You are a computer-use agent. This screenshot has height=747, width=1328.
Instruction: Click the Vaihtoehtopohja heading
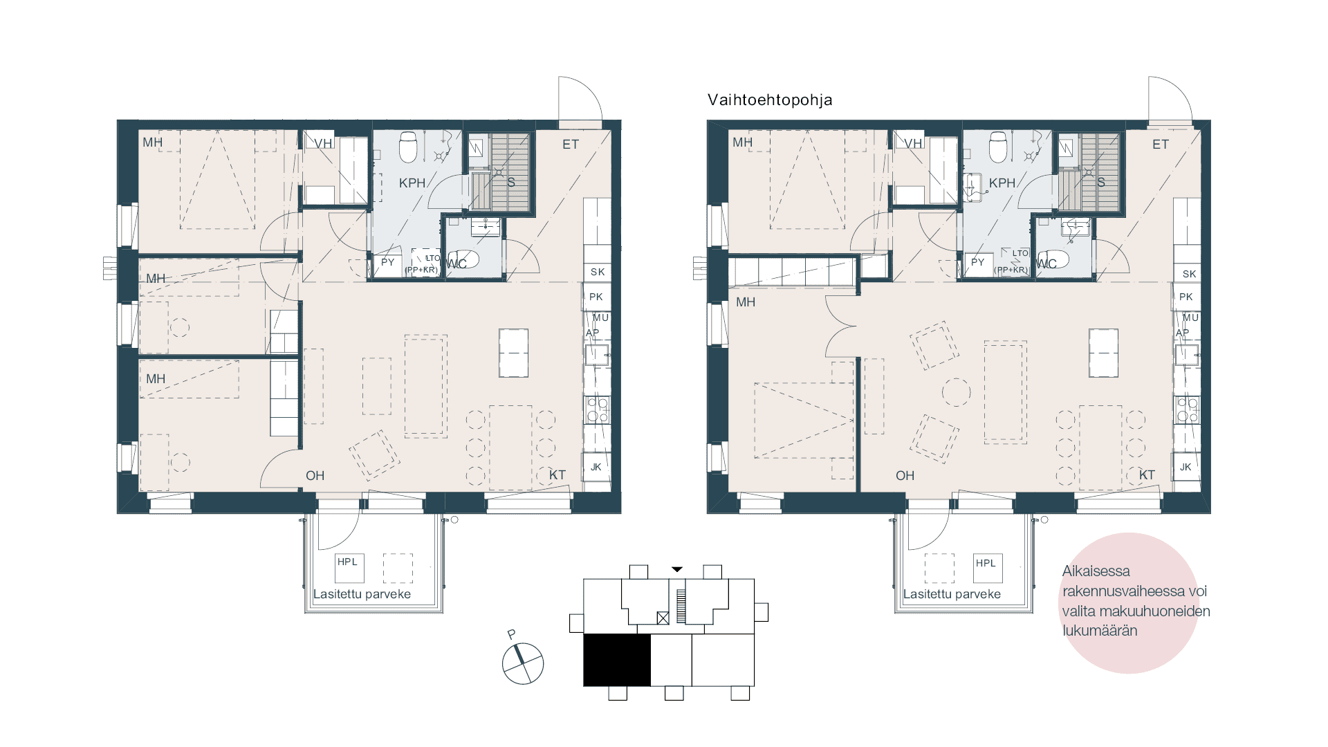(770, 100)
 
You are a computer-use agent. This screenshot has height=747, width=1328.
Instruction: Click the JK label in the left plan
(596, 467)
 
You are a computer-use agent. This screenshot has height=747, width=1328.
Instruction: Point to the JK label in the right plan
(1186, 467)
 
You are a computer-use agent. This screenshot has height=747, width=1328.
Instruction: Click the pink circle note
(1129, 602)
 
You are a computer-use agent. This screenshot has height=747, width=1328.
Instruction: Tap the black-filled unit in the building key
(617, 660)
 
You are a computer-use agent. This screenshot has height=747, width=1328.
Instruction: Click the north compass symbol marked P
(522, 663)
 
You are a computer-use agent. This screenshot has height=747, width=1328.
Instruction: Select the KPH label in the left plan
(412, 183)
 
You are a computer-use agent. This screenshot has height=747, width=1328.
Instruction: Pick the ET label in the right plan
(1161, 145)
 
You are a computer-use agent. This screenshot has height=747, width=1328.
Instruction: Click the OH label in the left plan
(315, 476)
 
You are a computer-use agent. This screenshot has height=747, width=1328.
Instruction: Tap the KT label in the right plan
(1147, 475)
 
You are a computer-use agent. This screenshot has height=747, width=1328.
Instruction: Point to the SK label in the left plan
(598, 273)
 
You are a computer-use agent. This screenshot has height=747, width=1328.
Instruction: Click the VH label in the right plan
(913, 144)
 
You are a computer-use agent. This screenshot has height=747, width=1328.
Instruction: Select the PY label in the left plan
(387, 262)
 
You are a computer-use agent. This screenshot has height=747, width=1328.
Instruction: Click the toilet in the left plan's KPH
(408, 146)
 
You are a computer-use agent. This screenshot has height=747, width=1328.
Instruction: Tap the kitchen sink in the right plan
(1187, 355)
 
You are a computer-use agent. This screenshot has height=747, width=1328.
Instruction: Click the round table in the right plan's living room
(956, 392)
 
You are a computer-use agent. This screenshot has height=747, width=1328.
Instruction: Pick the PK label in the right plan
(1186, 297)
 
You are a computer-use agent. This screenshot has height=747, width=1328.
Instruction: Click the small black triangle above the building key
(677, 569)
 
